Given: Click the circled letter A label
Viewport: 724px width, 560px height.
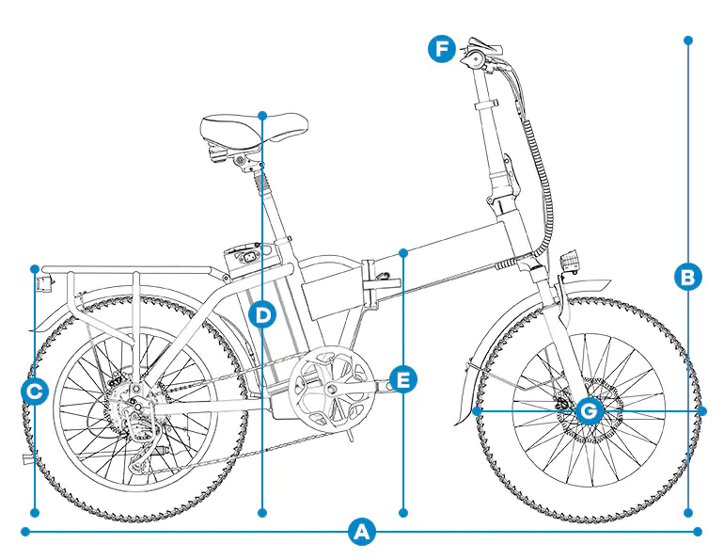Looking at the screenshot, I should coord(361,532).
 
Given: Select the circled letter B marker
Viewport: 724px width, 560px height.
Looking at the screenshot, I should coord(688,277).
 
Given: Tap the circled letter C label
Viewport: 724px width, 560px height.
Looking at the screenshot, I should coord(35,392).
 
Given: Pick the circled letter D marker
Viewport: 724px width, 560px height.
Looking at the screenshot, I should coord(262,314).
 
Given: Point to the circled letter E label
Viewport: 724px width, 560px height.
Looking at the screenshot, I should coord(403,380).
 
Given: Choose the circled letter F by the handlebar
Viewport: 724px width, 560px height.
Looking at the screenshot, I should coord(442,49).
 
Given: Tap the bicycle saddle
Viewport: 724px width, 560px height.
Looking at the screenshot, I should coord(254,125).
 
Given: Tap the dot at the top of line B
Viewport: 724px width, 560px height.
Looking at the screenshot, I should coord(688,40).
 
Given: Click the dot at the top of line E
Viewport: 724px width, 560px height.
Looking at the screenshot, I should coord(403,252).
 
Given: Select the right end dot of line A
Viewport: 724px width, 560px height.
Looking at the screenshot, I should coord(698,532).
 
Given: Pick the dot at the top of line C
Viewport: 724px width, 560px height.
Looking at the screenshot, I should coord(35,268).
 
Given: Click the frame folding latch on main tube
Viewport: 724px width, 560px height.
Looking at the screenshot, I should coord(374,282).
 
